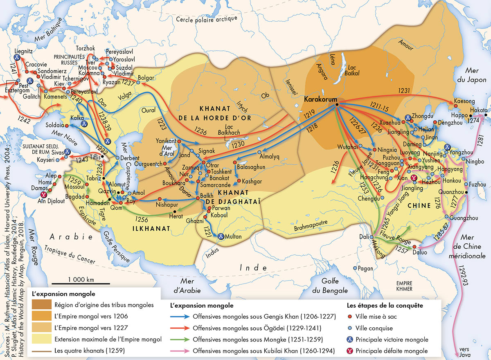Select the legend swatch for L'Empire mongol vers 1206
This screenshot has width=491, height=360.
click(41, 316)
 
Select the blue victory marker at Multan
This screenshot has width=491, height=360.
click(221, 236)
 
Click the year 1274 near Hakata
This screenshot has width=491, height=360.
click(473, 121)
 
